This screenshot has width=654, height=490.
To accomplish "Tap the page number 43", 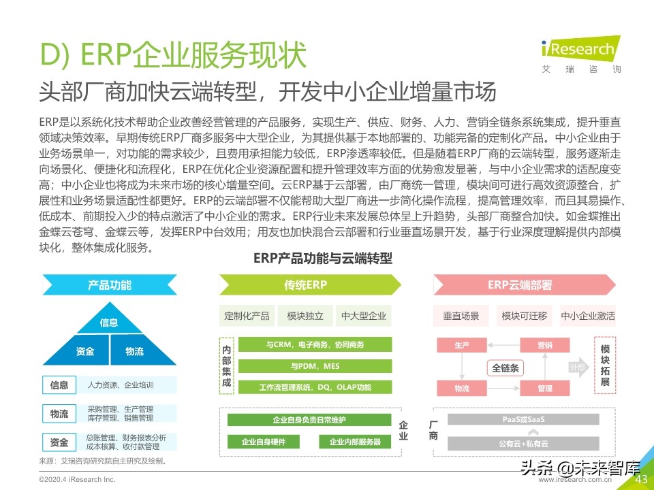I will [x=640, y=479].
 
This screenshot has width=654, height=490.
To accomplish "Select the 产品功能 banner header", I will [x=110, y=284].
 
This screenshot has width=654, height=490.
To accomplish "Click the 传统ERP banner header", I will [x=307, y=284].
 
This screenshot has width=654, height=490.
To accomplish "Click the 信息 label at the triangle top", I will [x=109, y=323].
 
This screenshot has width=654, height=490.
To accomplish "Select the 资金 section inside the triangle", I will [x=85, y=351].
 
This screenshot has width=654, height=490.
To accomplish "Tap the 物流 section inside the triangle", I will [x=134, y=351].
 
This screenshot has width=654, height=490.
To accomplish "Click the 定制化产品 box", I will [x=247, y=316].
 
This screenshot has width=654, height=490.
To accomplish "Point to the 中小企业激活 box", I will [x=587, y=316].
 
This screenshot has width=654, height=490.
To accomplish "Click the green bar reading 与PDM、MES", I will [x=315, y=366].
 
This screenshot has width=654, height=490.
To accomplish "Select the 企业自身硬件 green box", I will [x=264, y=442].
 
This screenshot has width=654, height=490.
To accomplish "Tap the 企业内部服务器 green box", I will [x=355, y=442].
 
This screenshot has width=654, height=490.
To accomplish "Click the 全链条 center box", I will [x=505, y=367].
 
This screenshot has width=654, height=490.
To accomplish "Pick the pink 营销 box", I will [x=545, y=345].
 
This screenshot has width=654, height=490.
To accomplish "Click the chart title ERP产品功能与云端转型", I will [x=322, y=259].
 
